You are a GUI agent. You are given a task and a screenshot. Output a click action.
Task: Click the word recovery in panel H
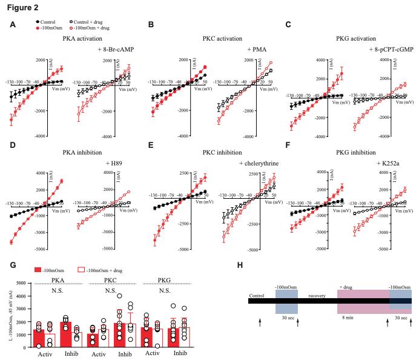317,296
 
